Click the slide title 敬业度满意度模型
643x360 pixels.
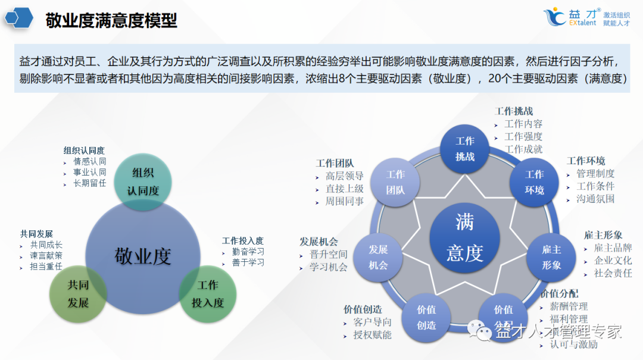click(x=111, y=21)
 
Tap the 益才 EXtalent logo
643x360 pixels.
click(x=586, y=17)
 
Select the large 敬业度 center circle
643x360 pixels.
click(x=142, y=256)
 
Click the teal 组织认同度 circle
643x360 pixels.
click(x=142, y=181)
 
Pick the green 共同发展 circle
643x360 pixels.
click(x=78, y=294)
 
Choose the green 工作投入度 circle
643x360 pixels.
click(x=208, y=294)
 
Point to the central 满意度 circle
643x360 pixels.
click(x=464, y=238)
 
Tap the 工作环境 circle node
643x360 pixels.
click(x=534, y=182)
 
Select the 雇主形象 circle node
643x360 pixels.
click(x=551, y=258)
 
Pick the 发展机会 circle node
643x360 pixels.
click(x=378, y=258)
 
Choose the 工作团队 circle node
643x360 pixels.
click(x=395, y=182)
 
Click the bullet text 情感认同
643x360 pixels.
click(x=90, y=161)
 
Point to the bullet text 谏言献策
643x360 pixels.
click(x=46, y=255)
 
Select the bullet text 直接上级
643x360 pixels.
click(x=345, y=189)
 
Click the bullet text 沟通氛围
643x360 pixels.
click(x=595, y=199)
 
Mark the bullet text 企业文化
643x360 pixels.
click(x=613, y=261)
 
